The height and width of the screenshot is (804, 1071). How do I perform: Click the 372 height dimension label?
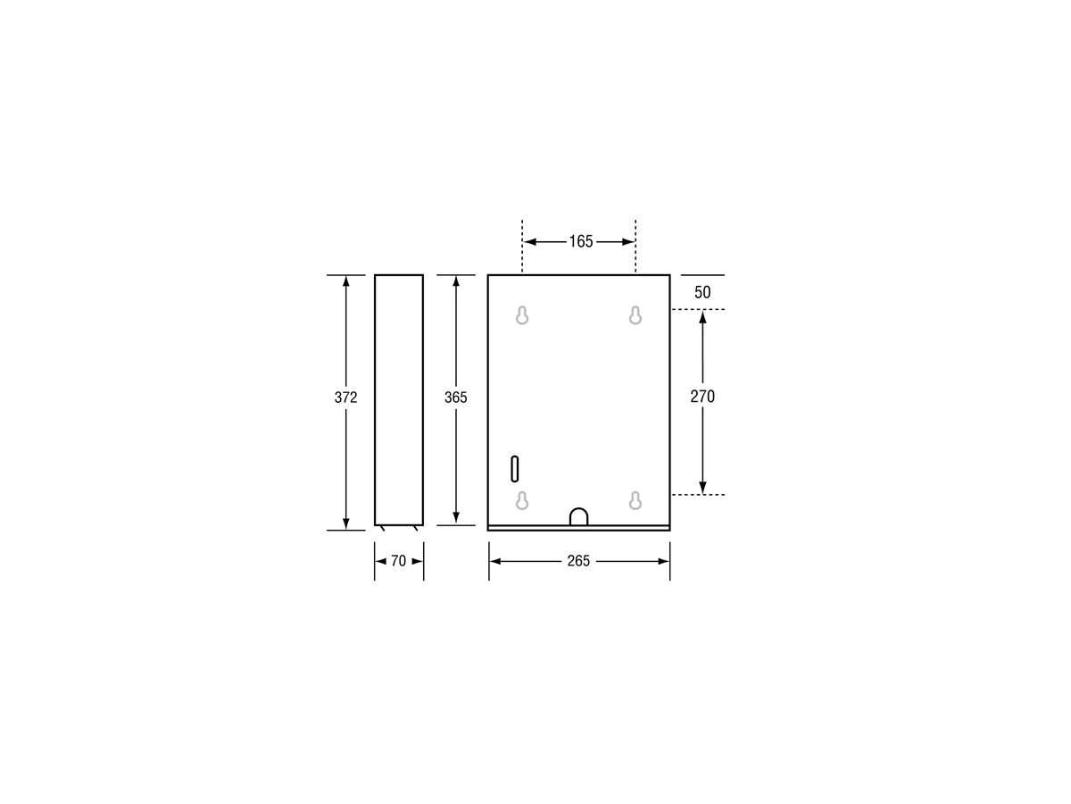tap(345, 398)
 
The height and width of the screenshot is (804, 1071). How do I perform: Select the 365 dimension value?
tap(455, 398)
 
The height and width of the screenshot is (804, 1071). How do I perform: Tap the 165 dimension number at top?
tap(580, 241)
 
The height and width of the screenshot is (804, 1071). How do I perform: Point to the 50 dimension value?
tap(702, 292)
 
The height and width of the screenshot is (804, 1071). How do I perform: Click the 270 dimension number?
tap(702, 396)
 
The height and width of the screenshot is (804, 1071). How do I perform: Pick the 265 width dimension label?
tap(578, 561)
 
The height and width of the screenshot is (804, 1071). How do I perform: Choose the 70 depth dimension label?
tap(398, 561)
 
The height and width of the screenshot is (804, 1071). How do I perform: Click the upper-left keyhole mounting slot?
tap(522, 315)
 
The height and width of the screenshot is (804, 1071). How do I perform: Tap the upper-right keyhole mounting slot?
tap(635, 315)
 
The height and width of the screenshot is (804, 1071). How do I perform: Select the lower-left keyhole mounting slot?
tap(522, 500)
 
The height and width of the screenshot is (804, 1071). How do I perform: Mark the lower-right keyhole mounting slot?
tap(635, 500)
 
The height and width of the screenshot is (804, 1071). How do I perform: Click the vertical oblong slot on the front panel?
tap(515, 469)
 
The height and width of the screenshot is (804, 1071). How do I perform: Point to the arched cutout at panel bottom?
tap(578, 516)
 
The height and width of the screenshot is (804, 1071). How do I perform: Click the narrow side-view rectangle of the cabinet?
tap(398, 399)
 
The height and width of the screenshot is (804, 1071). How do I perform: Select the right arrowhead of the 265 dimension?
tap(664, 561)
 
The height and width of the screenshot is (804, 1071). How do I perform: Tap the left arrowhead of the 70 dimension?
tap(379, 561)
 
